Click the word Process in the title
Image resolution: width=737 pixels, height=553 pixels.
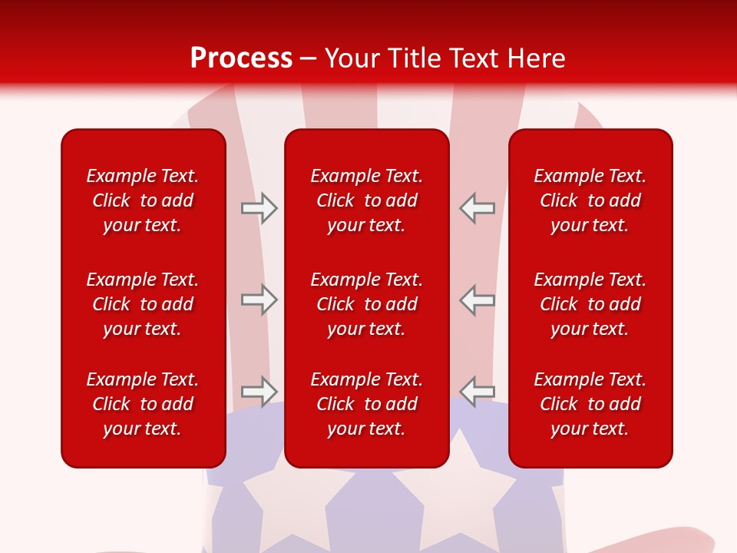pos(241,58)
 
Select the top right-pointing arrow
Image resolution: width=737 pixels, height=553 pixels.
pos(259,208)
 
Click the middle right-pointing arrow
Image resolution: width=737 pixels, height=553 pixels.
pos(259,300)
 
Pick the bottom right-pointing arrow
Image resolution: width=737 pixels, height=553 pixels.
pos(259,391)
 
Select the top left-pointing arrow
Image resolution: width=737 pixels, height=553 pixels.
pos(477,208)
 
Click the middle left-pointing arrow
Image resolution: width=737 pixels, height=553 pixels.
pos(477,300)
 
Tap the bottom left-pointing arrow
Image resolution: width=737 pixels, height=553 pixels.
pos(477,391)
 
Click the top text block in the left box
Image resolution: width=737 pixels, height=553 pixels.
pos(143,200)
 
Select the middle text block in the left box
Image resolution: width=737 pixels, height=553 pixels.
pos(143,304)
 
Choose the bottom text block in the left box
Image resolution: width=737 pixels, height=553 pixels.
pos(143,404)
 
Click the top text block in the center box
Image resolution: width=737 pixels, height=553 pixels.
pos(366,200)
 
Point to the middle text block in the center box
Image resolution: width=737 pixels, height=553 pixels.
pos(366,304)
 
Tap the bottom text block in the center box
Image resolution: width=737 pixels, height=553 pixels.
pos(366,404)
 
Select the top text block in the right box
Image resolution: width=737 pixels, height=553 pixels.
pos(590,200)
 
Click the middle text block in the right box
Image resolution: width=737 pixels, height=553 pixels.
pos(590,304)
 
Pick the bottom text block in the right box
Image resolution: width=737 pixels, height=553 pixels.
pos(590,404)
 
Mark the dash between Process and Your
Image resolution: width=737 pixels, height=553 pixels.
pos(309,59)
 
